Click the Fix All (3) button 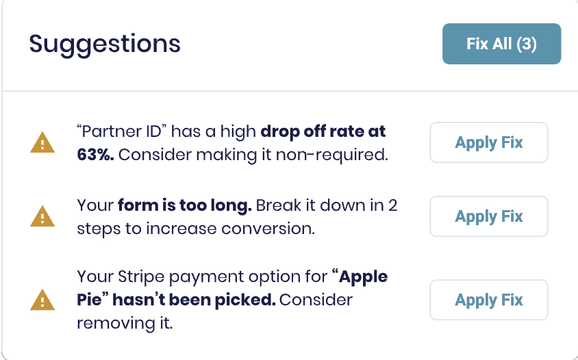(501, 44)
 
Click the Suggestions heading (105, 44)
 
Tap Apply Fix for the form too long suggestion (488, 216)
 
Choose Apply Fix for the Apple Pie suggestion (488, 300)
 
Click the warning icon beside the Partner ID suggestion (42, 143)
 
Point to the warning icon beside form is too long (42, 217)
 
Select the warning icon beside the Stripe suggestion (42, 300)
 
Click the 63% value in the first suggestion (95, 155)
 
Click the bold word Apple (364, 277)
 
